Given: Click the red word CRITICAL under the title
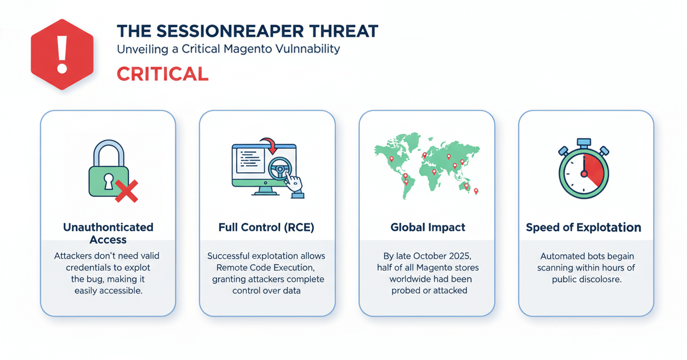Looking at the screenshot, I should point(163,74).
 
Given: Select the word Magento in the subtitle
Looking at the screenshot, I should point(237,49).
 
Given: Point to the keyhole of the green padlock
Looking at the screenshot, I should point(108,181).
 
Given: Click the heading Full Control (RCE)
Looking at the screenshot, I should point(266,228).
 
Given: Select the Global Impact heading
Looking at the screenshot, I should point(427,228).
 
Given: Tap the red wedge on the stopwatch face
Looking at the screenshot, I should point(593,169).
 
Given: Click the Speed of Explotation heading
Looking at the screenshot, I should point(584,228).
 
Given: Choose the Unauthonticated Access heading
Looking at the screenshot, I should point(108,233).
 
